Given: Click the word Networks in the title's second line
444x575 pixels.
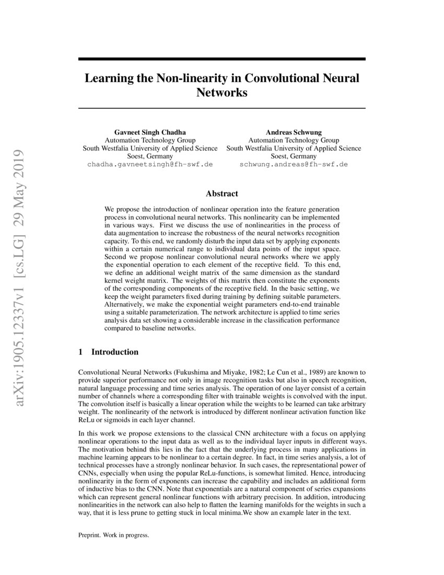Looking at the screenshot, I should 221,94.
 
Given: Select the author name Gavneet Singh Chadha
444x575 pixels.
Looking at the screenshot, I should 150,132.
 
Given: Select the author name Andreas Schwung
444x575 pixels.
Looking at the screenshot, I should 293,132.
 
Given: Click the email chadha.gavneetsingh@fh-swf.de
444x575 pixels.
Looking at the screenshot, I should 150,164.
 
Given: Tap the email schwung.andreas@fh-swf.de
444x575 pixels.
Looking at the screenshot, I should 293,164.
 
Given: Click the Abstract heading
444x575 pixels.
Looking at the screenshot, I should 221,194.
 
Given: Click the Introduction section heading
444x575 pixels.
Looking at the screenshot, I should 115,352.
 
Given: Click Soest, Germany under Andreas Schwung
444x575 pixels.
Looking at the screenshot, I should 293,156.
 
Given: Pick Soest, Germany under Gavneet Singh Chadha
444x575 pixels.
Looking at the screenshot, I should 150,156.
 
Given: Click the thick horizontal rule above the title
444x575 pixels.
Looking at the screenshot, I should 221,60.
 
